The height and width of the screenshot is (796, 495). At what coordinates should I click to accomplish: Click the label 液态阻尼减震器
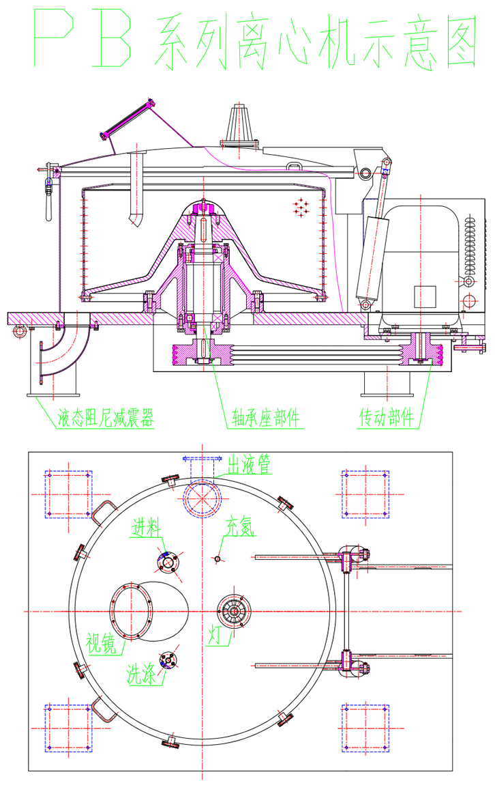coord(105,417)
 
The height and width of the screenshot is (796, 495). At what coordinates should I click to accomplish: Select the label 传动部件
coord(387,417)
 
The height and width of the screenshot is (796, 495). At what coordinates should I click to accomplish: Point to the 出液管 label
coord(249,465)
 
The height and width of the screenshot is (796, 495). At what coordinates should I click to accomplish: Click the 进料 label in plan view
coord(147,528)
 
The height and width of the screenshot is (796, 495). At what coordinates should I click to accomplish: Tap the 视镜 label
coord(100,642)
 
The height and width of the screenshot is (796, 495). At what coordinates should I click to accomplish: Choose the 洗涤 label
coord(140,675)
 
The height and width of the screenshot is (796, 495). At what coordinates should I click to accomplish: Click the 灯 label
coord(214,637)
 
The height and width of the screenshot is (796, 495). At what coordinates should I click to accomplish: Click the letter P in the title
coord(58,42)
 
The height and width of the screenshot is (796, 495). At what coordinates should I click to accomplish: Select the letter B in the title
coord(113,42)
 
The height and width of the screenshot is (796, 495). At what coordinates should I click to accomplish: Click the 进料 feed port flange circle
coord(167,562)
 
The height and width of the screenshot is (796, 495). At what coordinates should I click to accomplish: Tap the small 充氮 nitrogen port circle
coord(217,558)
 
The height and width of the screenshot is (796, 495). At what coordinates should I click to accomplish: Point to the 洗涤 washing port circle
coord(167,659)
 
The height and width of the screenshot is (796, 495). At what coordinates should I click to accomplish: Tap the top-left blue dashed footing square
coord(68,494)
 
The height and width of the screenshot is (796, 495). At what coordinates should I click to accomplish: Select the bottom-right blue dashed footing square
coord(365,728)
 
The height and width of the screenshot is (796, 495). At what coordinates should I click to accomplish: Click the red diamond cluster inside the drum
coord(301,206)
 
